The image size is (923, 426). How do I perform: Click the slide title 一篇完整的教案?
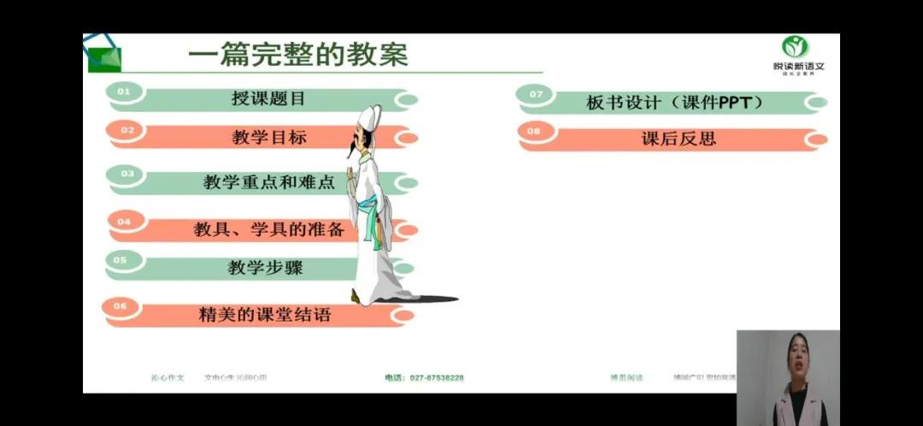click(297, 56)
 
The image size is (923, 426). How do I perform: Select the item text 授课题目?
click(268, 98)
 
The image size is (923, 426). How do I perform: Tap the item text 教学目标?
click(269, 137)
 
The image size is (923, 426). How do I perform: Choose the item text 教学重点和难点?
click(269, 181)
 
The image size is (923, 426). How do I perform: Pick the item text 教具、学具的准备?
click(269, 229)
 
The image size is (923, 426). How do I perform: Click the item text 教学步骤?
click(265, 268)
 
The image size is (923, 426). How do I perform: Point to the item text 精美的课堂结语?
click(264, 314)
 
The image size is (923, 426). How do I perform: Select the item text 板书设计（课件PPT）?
click(674, 103)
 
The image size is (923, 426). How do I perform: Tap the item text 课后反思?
click(679, 139)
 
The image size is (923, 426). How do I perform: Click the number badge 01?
click(124, 91)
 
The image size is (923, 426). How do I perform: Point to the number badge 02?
click(127, 130)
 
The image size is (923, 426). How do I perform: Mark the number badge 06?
click(120, 305)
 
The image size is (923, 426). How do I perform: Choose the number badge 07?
click(536, 94)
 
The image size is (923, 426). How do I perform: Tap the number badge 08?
click(534, 131)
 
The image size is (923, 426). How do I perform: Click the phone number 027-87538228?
click(424, 377)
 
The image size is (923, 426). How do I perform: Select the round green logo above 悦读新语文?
click(795, 47)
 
